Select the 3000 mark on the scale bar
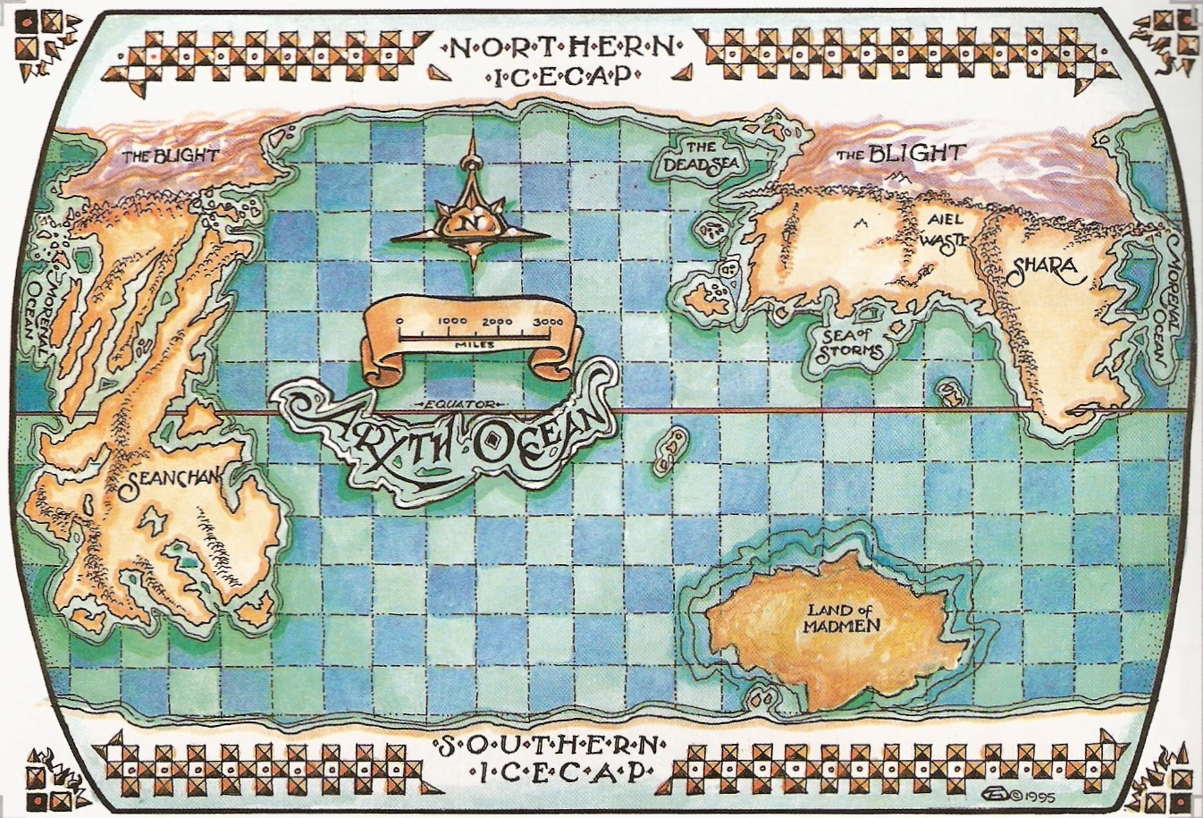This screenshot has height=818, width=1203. [547, 322]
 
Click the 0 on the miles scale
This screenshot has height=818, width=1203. [400, 322]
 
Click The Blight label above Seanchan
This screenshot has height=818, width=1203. [170, 156]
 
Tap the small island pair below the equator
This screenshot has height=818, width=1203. [670, 451]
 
